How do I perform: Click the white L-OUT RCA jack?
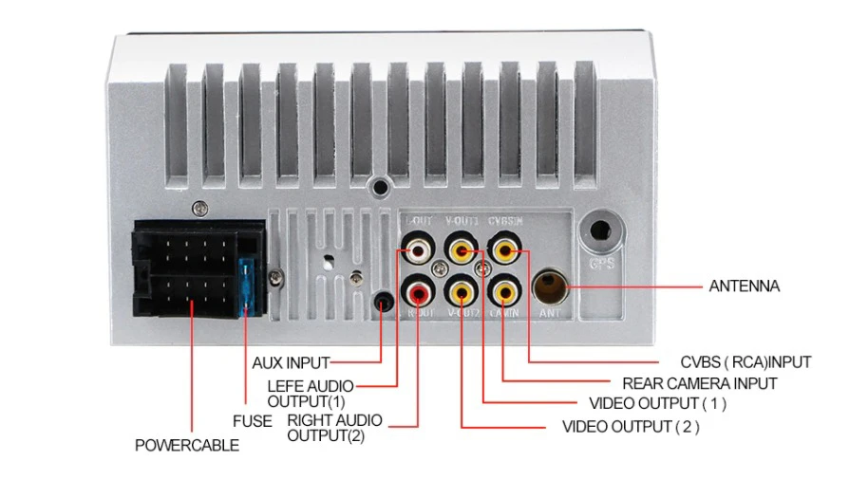(419, 251)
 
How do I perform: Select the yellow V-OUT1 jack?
(462, 251)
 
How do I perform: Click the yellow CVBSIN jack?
(504, 251)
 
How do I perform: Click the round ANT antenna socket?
(552, 285)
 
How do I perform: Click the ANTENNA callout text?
(745, 286)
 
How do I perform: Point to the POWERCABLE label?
(187, 445)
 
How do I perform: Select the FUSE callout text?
(253, 420)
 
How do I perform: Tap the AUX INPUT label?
(291, 362)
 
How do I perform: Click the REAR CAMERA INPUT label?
(700, 383)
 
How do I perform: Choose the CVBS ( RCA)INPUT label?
(745, 362)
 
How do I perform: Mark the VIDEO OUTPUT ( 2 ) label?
(631, 426)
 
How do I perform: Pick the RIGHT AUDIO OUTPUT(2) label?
(334, 428)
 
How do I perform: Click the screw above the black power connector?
(198, 208)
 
